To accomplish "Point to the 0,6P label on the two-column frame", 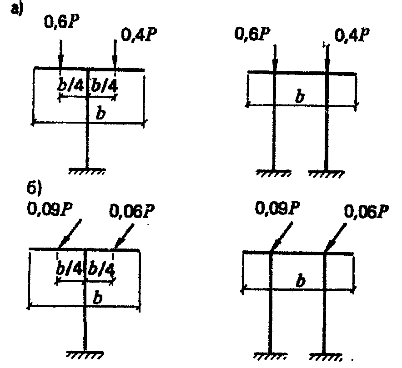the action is coord(252,34).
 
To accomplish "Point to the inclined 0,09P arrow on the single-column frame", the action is coord(70,233).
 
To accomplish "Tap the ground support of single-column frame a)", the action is coord(87,171).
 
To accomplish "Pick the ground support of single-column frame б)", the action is coord(85,353).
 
